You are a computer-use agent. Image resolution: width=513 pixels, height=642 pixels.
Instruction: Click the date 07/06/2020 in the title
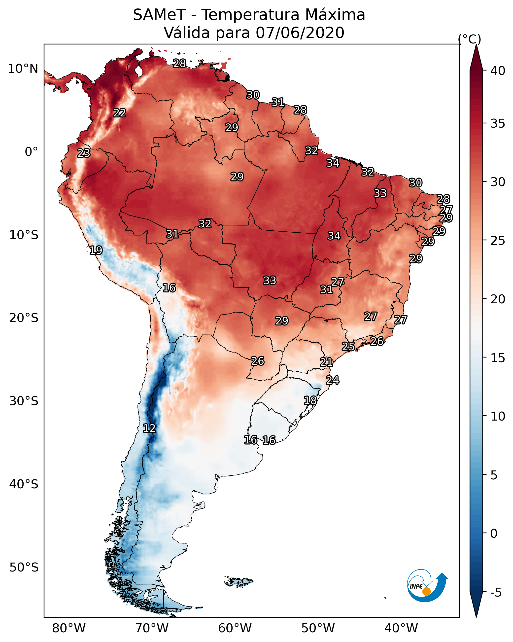point(300,33)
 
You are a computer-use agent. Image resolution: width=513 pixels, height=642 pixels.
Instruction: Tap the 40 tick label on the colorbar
point(498,71)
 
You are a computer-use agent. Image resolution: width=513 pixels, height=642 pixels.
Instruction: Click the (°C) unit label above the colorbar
point(469,39)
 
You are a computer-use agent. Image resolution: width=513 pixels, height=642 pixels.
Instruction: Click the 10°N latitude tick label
point(23,69)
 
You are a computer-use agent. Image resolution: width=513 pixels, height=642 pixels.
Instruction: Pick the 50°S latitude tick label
point(24,568)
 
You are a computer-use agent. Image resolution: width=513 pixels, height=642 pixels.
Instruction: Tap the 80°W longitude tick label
point(69,628)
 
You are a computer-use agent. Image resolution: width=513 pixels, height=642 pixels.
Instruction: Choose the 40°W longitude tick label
point(401,628)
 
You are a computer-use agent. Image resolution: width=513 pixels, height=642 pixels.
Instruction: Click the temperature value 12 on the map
point(149,428)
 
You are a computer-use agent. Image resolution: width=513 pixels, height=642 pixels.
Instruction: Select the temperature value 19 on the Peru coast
point(96,250)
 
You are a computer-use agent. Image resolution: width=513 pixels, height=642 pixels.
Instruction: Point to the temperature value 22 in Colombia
point(120,112)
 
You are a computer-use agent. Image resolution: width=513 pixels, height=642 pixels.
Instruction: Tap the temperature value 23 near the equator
point(84,153)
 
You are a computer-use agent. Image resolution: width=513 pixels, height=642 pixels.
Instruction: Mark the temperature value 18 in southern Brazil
point(310,400)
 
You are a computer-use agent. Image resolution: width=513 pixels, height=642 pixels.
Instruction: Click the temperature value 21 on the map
point(326,362)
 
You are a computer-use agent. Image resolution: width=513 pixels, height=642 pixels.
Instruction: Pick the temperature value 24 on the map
point(332,380)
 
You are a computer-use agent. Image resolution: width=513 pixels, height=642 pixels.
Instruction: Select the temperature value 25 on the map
point(348,346)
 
